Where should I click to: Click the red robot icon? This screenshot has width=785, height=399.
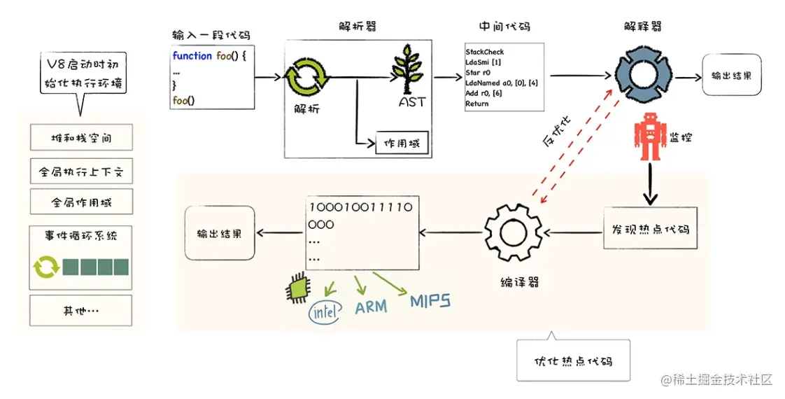649,137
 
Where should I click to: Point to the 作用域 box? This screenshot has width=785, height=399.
402,143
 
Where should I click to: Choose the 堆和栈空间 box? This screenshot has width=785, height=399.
81,138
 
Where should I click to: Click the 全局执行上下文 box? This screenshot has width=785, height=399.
81,171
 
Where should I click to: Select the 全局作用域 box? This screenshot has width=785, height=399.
81,203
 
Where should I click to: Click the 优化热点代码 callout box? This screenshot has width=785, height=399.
572,361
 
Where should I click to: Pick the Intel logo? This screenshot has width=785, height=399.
324,312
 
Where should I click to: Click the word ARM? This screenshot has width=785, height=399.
371,308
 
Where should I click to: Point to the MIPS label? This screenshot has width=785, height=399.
430,302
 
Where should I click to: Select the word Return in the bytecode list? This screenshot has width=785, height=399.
477,104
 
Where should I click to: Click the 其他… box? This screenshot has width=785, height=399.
81,311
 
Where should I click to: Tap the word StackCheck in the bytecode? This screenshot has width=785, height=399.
484,52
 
